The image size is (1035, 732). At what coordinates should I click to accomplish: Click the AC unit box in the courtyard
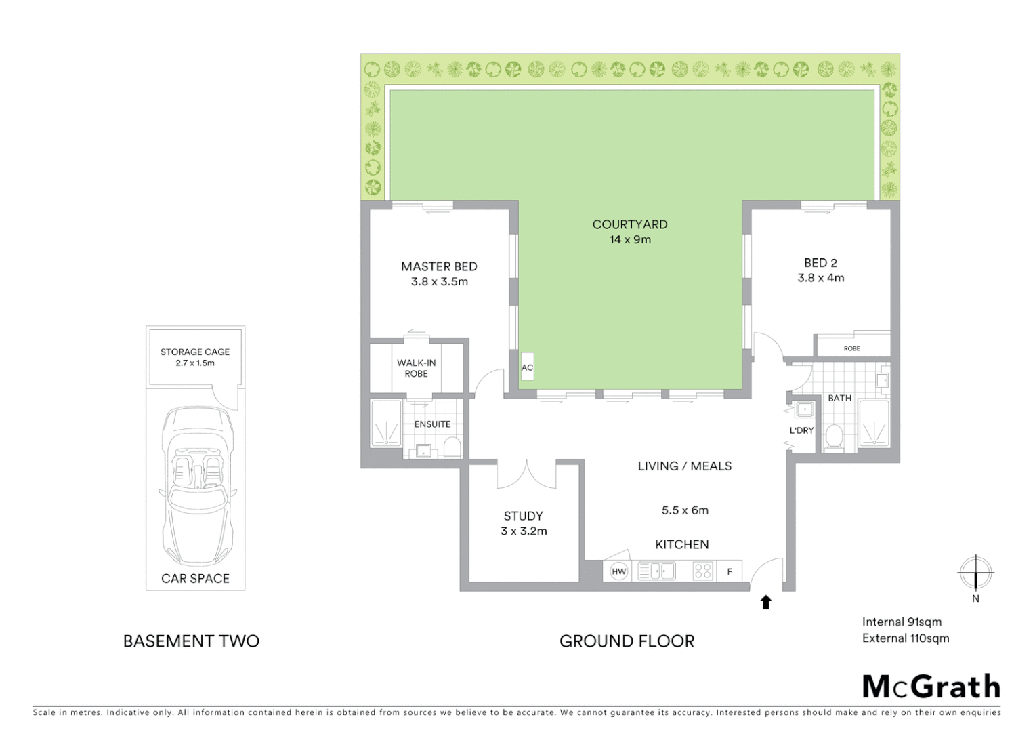point(527,367)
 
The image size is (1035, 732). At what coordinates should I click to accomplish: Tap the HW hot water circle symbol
point(618,571)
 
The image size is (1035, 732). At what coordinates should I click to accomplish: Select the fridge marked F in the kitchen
point(730,571)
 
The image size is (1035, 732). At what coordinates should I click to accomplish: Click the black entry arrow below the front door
point(766,602)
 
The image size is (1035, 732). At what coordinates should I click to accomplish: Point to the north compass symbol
point(975,573)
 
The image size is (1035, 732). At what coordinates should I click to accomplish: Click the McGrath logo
point(931,687)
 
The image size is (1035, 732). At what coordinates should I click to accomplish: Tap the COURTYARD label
point(630,224)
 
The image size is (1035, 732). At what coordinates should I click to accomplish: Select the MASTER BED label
point(439,266)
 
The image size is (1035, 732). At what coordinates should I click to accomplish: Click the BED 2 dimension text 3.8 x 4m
point(821,278)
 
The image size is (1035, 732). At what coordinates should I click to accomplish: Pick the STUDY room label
point(523,516)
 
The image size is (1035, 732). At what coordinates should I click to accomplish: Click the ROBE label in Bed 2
point(851,348)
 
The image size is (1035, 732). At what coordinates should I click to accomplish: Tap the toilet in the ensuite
point(452,446)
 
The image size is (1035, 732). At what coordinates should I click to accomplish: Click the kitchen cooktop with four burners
point(703,571)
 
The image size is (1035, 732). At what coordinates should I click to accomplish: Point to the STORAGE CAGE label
point(195,352)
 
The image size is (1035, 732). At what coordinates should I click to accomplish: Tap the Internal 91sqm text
point(902,622)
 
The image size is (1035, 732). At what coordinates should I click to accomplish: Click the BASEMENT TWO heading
point(191,641)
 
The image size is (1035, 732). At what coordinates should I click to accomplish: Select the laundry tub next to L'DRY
point(805,409)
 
